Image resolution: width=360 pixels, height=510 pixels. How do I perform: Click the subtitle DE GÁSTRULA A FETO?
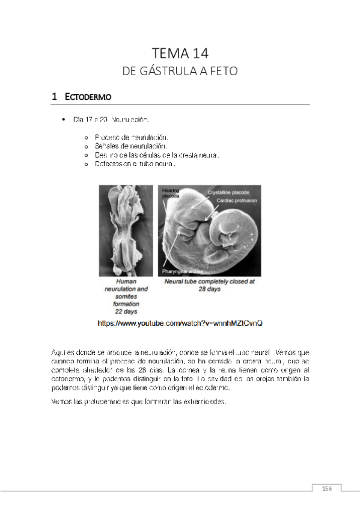(x=180, y=71)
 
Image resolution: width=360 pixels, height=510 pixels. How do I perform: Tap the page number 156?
(x=328, y=488)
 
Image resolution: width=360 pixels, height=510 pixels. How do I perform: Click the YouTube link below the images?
(x=180, y=323)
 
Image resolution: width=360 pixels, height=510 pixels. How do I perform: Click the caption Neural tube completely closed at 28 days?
(x=209, y=284)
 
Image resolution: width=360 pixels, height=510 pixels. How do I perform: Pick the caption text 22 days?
(x=126, y=312)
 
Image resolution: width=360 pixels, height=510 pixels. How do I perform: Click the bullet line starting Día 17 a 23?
(x=111, y=120)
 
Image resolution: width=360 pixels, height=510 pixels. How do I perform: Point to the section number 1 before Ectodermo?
(x=54, y=96)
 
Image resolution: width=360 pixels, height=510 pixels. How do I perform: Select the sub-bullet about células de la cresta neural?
(x=152, y=155)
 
